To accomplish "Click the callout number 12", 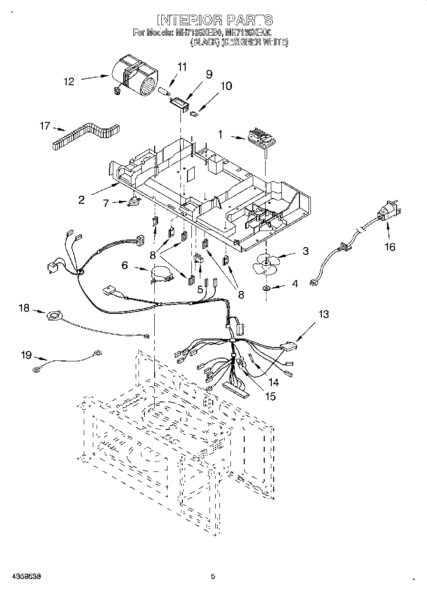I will [69, 82].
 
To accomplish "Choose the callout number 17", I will [45, 126].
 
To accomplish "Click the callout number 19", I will [26, 354].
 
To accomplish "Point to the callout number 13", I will [324, 314].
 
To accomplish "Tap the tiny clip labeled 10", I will [194, 114].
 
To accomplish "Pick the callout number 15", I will [270, 395].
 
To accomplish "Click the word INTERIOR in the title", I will [189, 20].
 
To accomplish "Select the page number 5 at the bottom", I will [213, 577].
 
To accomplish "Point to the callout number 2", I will [81, 200].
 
